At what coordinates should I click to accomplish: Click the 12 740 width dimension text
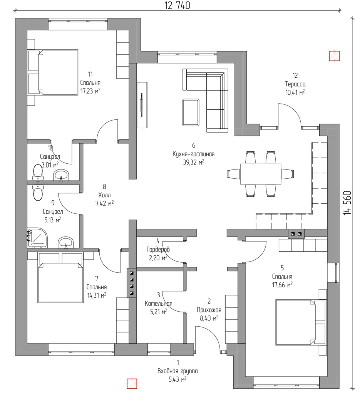coord(177,5)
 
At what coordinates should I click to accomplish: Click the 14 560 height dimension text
coord(347,203)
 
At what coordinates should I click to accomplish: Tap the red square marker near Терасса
coord(334,56)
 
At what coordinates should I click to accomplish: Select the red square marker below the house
coord(132,384)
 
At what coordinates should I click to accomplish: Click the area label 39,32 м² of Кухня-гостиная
coord(193,162)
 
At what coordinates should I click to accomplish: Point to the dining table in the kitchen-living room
coord(261,174)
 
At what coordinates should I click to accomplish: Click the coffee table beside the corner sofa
coord(191,112)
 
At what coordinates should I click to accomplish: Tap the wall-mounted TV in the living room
coord(142,105)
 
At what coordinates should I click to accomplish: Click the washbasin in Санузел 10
coord(61,175)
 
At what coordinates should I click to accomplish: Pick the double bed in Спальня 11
coord(53,72)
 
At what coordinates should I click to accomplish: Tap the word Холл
coord(104,195)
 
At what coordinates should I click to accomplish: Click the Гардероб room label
coord(158,249)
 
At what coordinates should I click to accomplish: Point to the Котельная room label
coord(159,304)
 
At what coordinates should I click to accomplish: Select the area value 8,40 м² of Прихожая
coord(209,318)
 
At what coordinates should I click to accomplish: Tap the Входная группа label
coord(177,371)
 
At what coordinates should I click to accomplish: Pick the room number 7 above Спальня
coord(97,278)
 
